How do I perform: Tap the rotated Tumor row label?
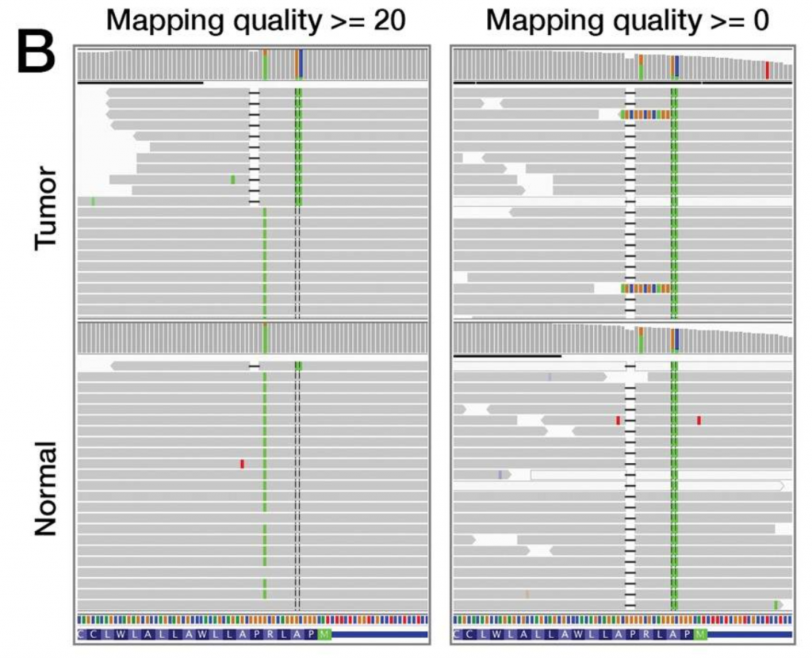tap(48, 208)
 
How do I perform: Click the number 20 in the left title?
tap(387, 21)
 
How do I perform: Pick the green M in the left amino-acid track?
tap(324, 634)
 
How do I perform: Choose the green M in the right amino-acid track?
tap(699, 634)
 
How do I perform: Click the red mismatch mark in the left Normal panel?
tap(242, 463)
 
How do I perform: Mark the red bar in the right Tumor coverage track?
tap(767, 71)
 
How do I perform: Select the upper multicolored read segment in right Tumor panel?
tap(645, 114)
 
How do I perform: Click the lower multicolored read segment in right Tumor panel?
tap(645, 288)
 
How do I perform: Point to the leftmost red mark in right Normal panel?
tap(618, 419)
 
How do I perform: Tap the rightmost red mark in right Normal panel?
tap(699, 419)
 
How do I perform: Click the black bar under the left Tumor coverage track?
tap(140, 82)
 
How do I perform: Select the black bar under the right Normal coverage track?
tap(507, 356)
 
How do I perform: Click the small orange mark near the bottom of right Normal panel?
tap(526, 593)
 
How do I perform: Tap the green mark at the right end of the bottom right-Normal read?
tap(776, 604)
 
